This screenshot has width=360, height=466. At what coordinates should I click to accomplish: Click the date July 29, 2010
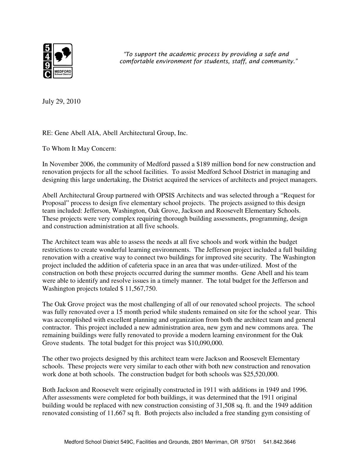point(61,101)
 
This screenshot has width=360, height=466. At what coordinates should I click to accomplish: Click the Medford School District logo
point(58,61)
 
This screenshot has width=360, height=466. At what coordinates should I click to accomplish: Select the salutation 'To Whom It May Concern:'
point(79,149)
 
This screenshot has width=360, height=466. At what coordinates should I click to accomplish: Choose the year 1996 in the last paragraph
point(300,390)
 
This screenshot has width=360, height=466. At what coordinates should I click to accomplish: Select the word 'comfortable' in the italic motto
point(135,61)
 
